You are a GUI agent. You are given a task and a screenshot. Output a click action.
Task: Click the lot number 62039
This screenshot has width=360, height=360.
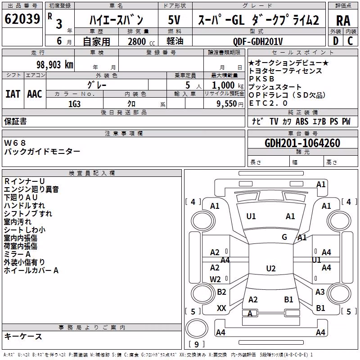[22, 19]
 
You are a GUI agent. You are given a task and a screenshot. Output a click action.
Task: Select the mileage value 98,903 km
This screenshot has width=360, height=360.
[55, 65]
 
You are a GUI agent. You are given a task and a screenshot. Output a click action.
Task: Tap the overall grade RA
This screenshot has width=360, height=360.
[343, 21]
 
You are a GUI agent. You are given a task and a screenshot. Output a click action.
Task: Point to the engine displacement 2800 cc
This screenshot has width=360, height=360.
[141, 41]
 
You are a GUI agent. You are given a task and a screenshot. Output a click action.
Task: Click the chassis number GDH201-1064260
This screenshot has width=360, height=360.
[302, 143]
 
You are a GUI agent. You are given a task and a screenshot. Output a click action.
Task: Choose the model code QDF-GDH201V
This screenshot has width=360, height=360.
[258, 41]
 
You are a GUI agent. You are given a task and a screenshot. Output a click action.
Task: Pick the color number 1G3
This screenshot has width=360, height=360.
[74, 104]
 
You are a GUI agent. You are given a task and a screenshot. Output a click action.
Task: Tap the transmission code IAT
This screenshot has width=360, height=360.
[13, 94]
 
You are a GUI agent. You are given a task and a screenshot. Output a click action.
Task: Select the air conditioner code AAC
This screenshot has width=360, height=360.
[35, 94]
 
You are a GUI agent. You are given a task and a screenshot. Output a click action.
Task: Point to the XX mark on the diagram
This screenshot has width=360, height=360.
[221, 308]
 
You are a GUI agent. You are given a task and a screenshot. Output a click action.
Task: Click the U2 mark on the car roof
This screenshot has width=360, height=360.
[271, 268]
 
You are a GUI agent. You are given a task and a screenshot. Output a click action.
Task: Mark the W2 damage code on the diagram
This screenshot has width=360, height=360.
[215, 279]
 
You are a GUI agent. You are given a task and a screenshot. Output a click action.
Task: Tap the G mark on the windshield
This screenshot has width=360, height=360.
[284, 237]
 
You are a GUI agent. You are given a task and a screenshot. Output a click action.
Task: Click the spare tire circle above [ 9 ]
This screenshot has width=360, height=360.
[197, 328]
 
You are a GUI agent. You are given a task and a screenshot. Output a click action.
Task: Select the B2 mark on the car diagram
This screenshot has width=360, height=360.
[221, 292]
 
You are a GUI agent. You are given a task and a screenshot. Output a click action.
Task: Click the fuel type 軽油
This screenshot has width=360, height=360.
[175, 41]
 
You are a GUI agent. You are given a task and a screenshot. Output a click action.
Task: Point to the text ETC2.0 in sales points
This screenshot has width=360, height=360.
[268, 103]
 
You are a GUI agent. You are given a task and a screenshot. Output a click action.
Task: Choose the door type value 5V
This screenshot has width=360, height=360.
[174, 20]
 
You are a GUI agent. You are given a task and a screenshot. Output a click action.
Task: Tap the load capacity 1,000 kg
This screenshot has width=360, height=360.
[228, 85]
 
